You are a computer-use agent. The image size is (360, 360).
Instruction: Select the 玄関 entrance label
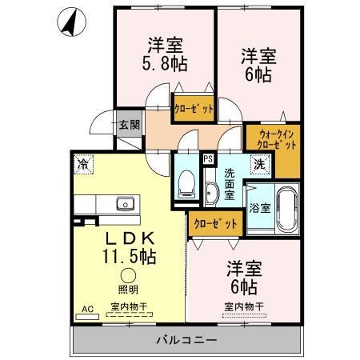click(130, 125)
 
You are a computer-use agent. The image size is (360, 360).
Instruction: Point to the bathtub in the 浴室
click(286, 207)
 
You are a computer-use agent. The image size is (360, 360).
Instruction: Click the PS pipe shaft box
click(208, 158)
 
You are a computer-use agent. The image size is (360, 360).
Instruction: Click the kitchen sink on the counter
click(126, 204)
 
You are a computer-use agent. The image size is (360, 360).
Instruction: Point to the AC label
click(86, 306)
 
